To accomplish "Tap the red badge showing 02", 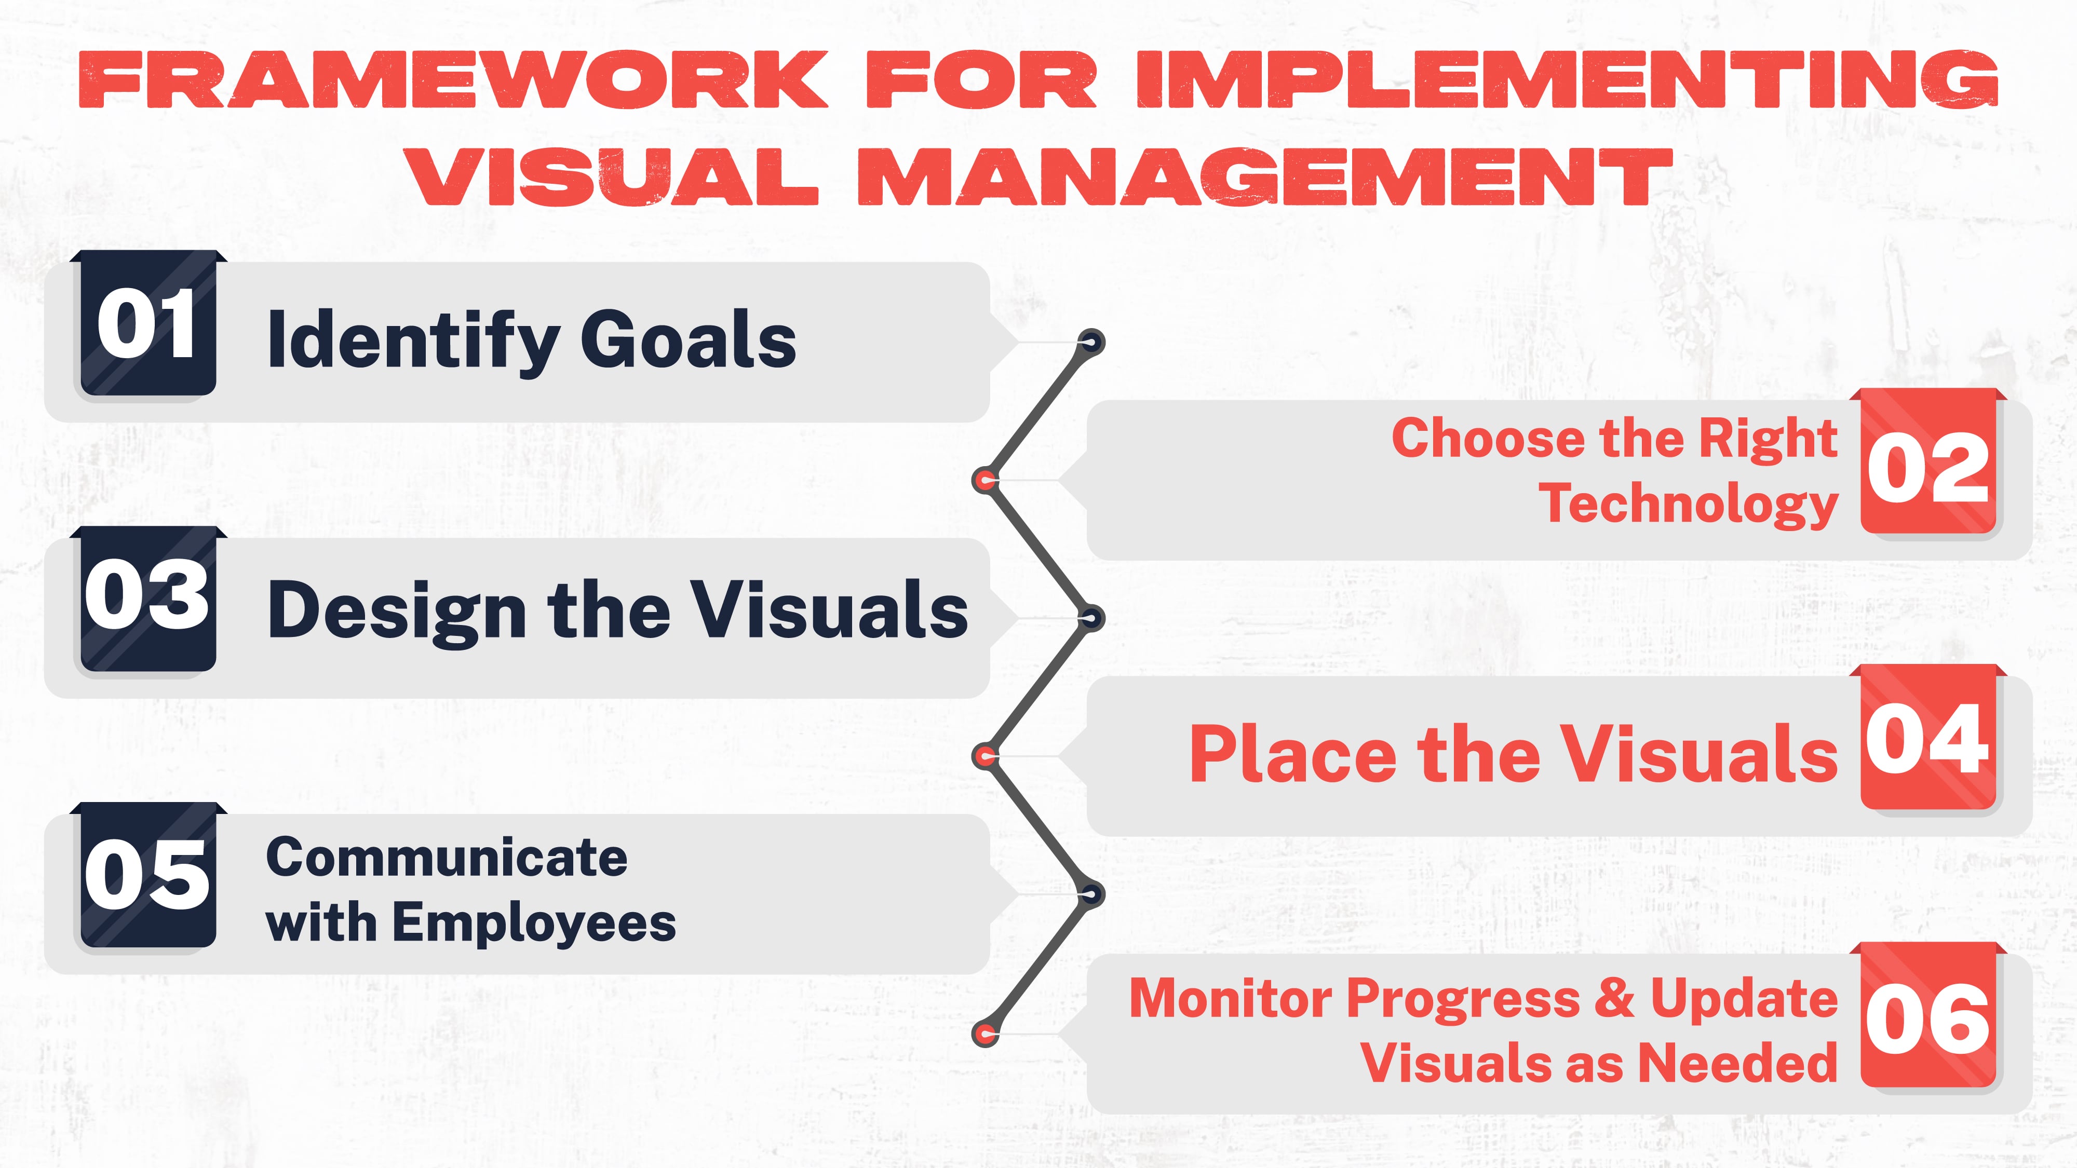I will [x=1928, y=466].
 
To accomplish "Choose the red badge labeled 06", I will [x=1928, y=1020].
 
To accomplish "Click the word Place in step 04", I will [x=1292, y=754].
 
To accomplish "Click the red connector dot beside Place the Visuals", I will [x=984, y=756].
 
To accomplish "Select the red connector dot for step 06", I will [x=984, y=1034].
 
